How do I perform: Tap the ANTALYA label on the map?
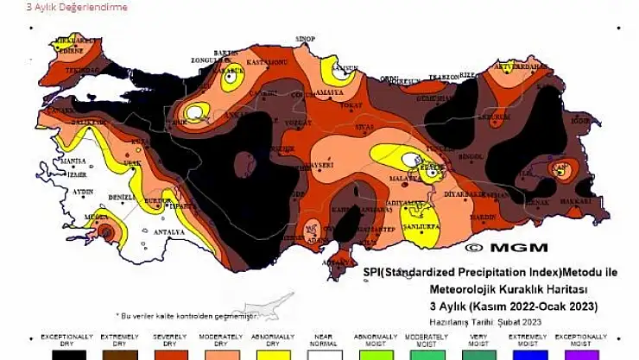click(169, 231)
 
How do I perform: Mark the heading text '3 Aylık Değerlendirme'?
click(65, 7)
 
